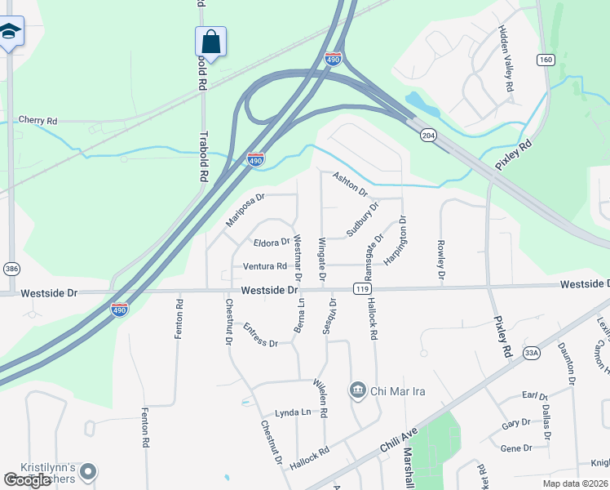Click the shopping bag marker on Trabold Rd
point(210,42)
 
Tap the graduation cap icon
point(10,32)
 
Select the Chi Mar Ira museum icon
point(357,390)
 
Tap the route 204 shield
point(427,134)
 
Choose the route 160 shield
point(546,60)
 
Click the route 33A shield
point(532,353)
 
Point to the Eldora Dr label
point(272,243)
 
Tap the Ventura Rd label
point(264,266)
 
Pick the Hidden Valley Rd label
point(506,58)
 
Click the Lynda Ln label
point(293,412)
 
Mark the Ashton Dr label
point(350,184)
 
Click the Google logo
point(28,480)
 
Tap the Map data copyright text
point(574,483)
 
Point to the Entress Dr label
point(260,335)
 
